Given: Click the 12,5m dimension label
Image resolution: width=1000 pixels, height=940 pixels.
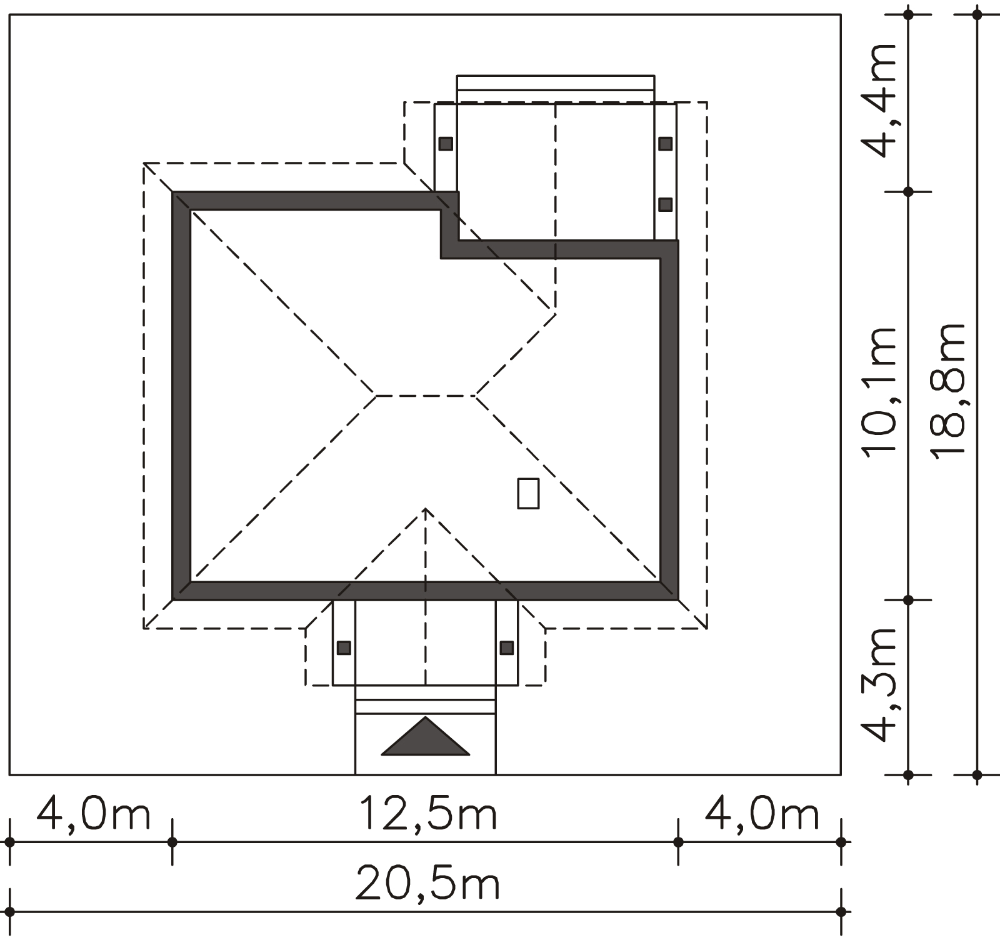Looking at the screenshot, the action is (427, 815).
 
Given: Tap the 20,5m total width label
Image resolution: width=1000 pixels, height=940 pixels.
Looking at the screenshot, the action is (427, 884).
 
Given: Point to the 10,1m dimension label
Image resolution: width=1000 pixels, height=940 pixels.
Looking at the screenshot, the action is (879, 392).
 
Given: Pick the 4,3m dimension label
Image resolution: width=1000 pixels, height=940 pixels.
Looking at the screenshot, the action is (879, 684).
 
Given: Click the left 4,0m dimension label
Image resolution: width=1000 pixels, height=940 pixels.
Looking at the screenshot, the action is (94, 815).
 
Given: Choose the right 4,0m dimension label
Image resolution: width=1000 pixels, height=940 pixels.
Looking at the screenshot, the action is (761, 815).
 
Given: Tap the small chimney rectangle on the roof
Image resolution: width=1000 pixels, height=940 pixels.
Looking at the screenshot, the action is (528, 493).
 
